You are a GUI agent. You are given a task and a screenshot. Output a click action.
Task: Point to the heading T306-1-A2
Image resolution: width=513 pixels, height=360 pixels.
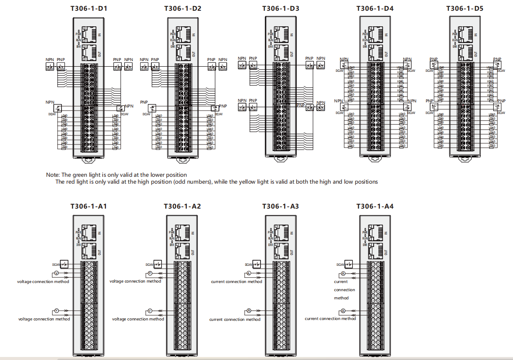[x=182, y=206]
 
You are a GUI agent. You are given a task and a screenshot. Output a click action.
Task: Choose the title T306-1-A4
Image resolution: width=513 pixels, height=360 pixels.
[x=375, y=206]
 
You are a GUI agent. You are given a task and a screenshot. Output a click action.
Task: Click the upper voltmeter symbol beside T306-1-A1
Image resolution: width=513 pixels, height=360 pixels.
[x=56, y=274]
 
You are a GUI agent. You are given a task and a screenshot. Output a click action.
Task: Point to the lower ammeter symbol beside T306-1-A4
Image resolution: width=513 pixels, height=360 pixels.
[x=343, y=311]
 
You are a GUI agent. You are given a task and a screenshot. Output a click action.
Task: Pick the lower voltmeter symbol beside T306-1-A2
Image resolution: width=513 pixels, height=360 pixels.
[x=150, y=311]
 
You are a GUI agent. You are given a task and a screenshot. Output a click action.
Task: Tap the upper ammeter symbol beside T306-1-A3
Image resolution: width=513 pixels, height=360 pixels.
[x=249, y=274]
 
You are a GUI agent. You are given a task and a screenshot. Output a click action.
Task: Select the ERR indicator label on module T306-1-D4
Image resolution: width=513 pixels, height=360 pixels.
[x=365, y=46]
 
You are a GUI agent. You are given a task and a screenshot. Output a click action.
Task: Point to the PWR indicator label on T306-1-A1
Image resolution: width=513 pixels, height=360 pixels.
[x=79, y=232]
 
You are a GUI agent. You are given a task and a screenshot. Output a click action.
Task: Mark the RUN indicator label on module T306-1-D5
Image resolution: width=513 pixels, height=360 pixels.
[x=455, y=40]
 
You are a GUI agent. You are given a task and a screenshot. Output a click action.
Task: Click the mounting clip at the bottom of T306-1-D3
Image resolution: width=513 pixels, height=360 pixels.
[x=280, y=159]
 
